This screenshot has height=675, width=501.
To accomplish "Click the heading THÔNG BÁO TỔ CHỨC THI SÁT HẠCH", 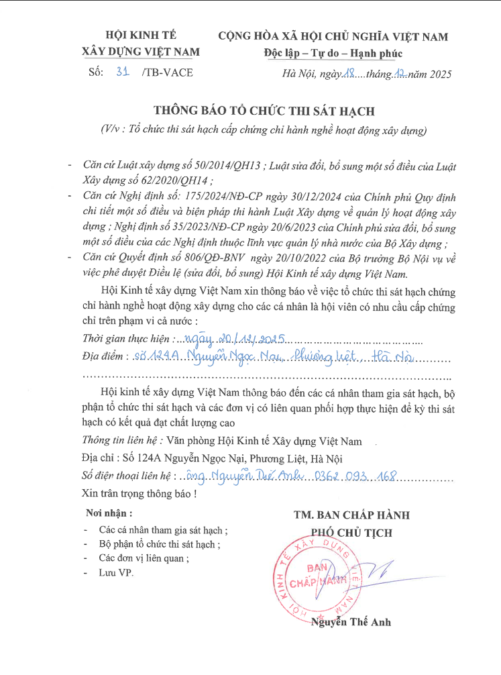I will coord(264,111).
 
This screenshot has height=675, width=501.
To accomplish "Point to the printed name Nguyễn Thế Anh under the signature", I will coord(351,622).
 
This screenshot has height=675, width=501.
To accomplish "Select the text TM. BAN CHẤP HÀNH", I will coord(351,515).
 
